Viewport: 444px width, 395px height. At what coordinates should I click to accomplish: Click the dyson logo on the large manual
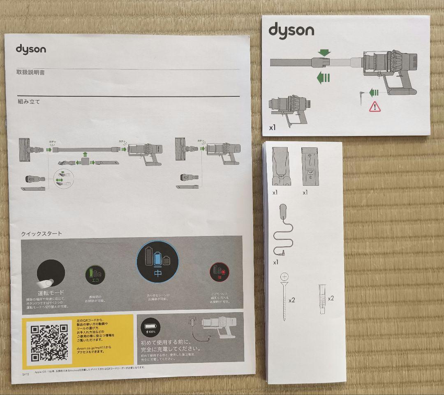click(x=31, y=49)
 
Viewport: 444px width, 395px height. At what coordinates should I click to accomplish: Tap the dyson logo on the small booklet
click(x=291, y=30)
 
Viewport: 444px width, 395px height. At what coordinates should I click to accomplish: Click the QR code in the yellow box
click(x=49, y=343)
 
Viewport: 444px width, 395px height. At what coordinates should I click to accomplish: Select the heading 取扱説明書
click(x=30, y=72)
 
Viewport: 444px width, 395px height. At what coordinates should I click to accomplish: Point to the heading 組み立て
click(x=28, y=101)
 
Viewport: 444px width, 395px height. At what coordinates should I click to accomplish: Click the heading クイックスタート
click(x=42, y=234)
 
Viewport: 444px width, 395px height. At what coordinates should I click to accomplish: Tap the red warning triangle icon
click(x=375, y=107)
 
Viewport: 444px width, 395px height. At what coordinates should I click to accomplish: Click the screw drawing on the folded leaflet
click(x=284, y=296)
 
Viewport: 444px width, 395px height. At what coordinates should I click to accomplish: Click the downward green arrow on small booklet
click(x=324, y=53)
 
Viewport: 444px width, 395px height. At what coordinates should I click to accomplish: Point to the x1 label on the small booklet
click(x=272, y=127)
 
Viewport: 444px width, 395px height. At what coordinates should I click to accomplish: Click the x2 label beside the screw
click(x=292, y=300)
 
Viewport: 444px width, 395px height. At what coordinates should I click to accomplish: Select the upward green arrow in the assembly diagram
click(x=85, y=154)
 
